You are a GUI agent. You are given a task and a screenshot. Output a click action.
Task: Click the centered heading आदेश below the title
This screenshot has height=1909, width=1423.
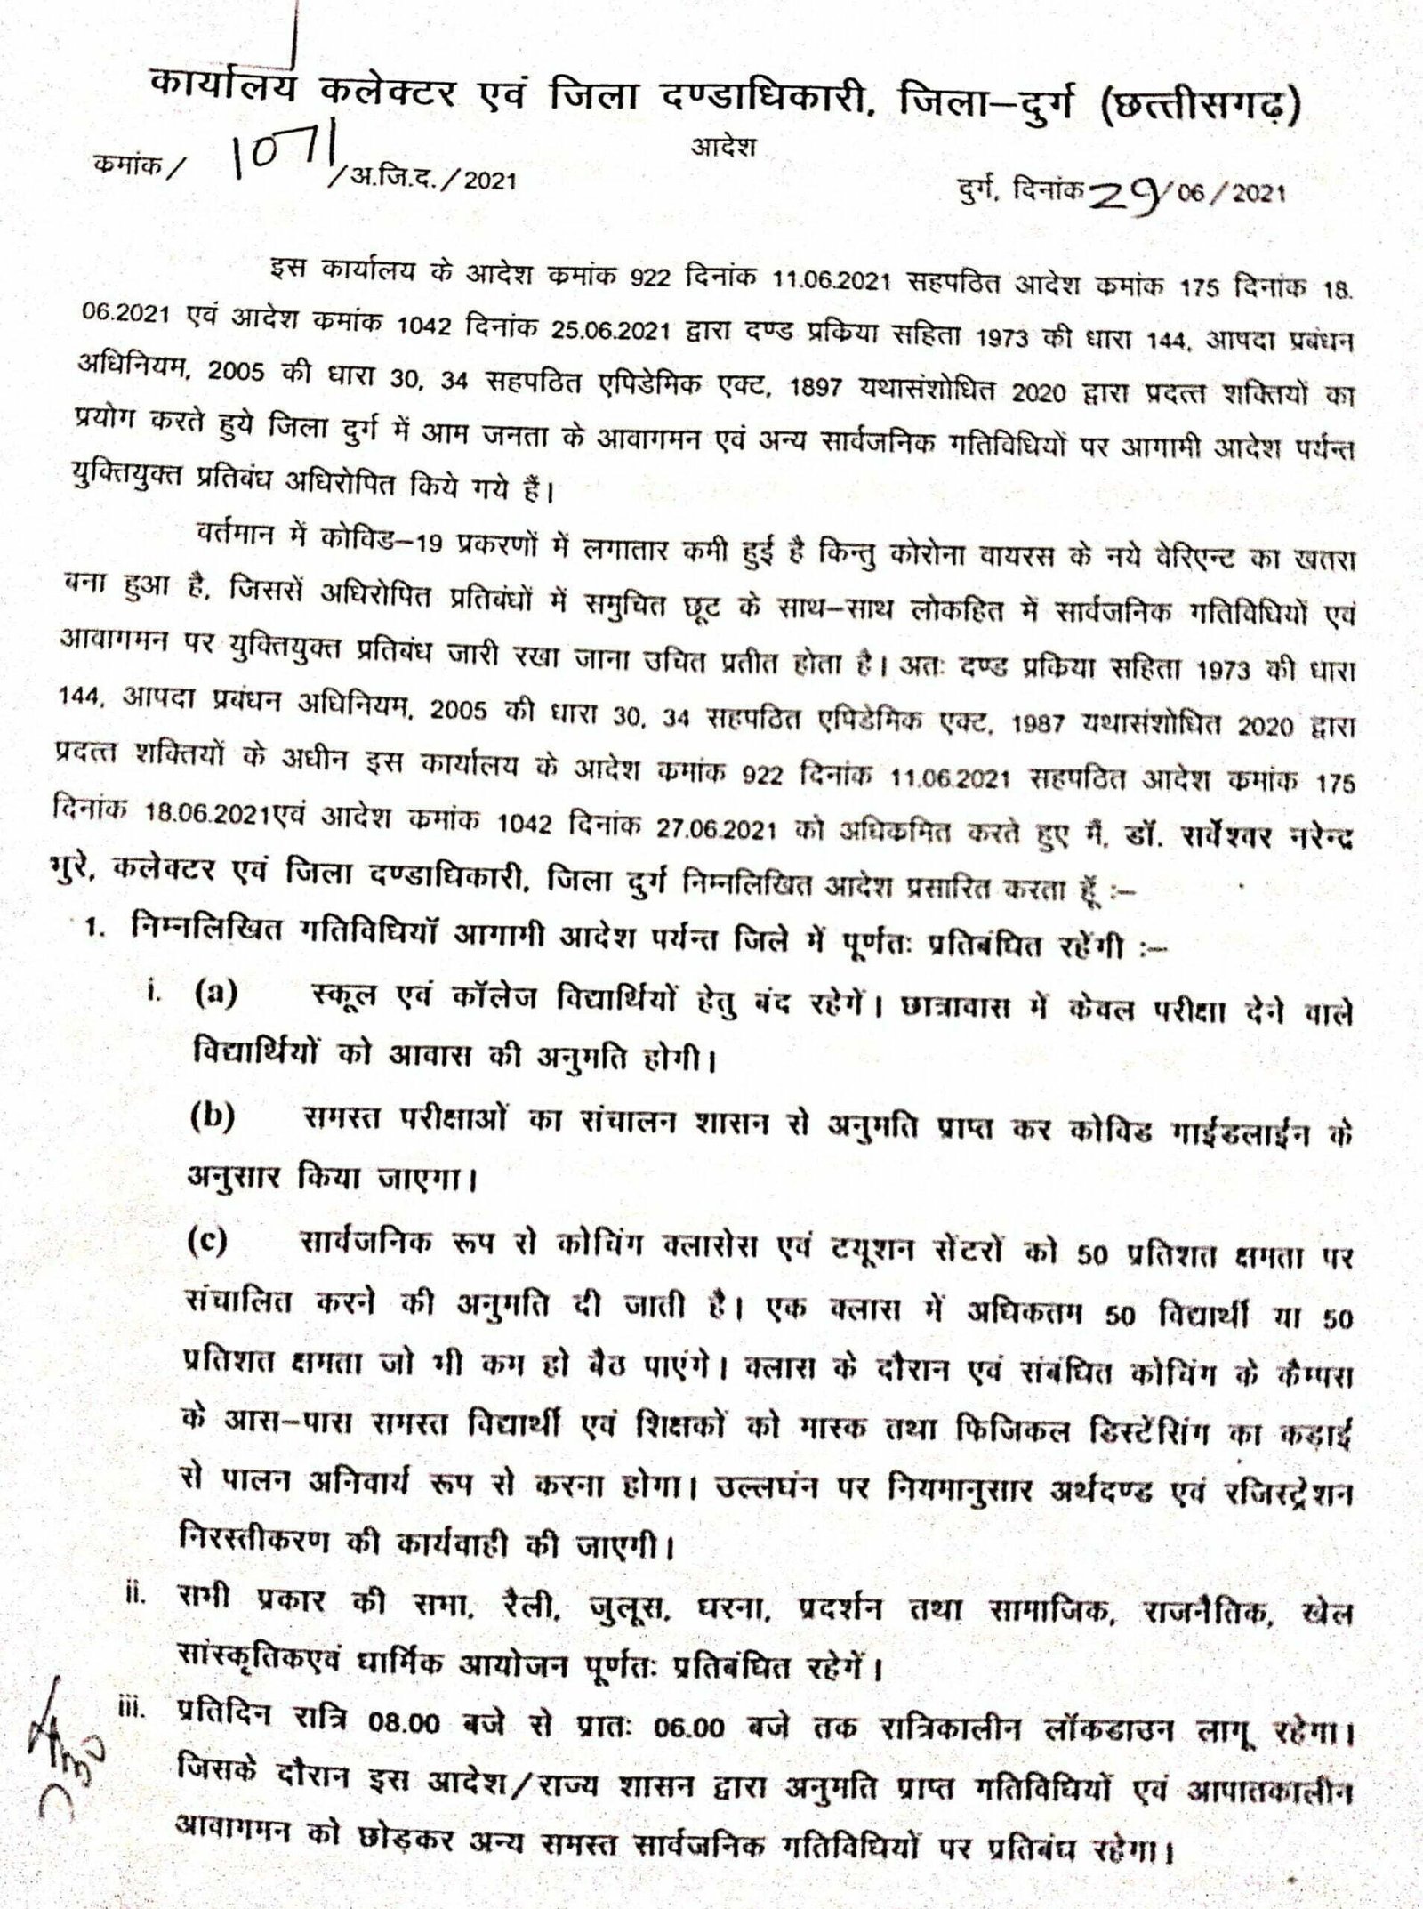pyautogui.click(x=723, y=148)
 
